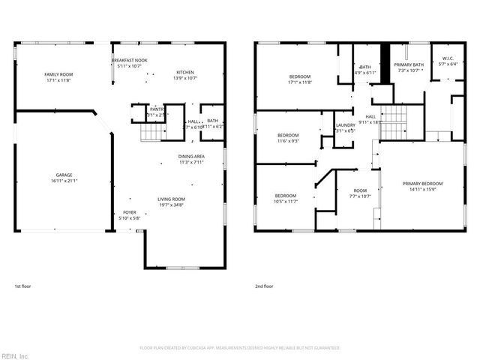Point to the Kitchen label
click(x=185, y=72)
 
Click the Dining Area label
click(x=190, y=156)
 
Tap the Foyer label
click(x=129, y=213)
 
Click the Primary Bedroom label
click(x=422, y=183)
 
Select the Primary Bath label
click(x=409, y=65)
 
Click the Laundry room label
click(x=345, y=125)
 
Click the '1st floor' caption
click(x=23, y=286)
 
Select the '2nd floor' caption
click(x=263, y=286)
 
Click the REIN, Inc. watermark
click(x=15, y=355)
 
